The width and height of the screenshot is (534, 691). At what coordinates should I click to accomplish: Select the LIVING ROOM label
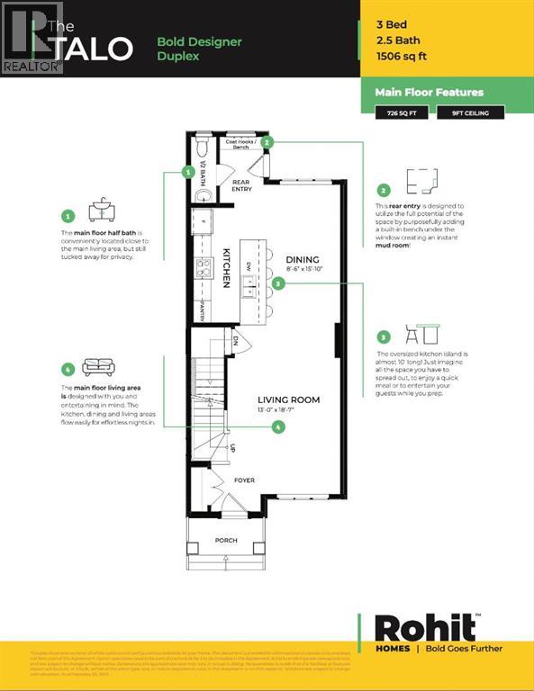coord(288,400)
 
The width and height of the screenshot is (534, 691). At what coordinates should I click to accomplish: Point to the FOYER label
coord(244,480)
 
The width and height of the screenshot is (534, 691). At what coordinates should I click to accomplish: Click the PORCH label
coord(225,541)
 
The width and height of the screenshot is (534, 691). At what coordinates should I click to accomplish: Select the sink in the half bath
coord(202,195)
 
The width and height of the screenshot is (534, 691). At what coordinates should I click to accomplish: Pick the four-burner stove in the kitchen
coord(204,267)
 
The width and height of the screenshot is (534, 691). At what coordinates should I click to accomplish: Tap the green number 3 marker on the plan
coord(278,283)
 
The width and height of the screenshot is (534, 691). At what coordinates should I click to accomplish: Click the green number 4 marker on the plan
coord(278,426)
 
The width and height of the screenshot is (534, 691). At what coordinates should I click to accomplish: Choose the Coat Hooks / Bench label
coord(240,144)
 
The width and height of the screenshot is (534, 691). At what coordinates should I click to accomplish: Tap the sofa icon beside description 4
coord(98,367)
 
